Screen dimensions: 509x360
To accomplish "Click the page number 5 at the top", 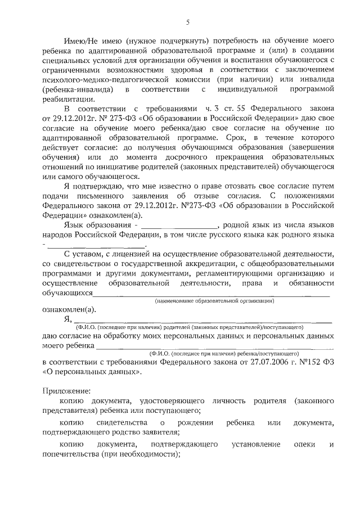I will coord(188,22).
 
